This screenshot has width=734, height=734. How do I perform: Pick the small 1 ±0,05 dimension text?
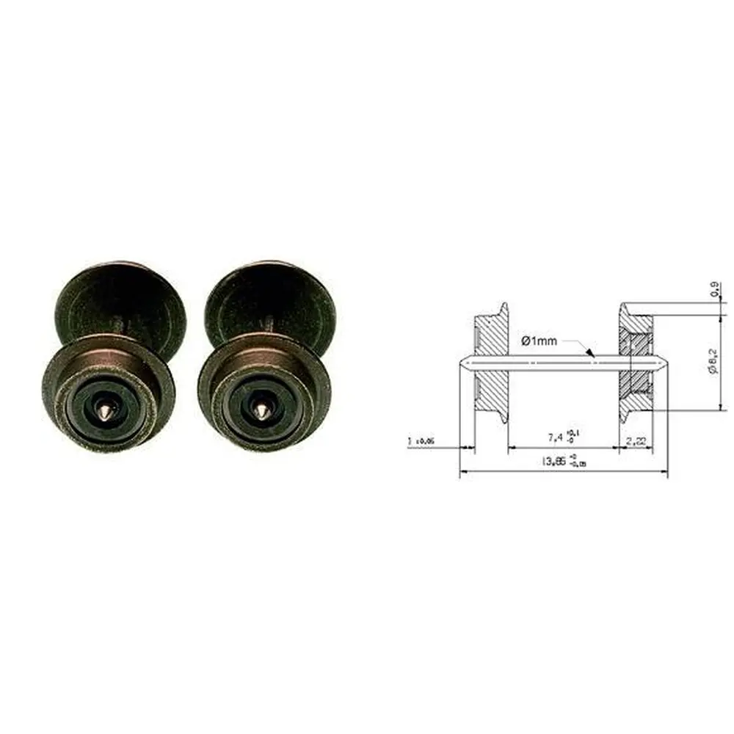click(421, 441)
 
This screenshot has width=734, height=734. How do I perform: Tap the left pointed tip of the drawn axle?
click(461, 362)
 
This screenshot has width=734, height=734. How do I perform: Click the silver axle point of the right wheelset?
click(262, 406)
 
